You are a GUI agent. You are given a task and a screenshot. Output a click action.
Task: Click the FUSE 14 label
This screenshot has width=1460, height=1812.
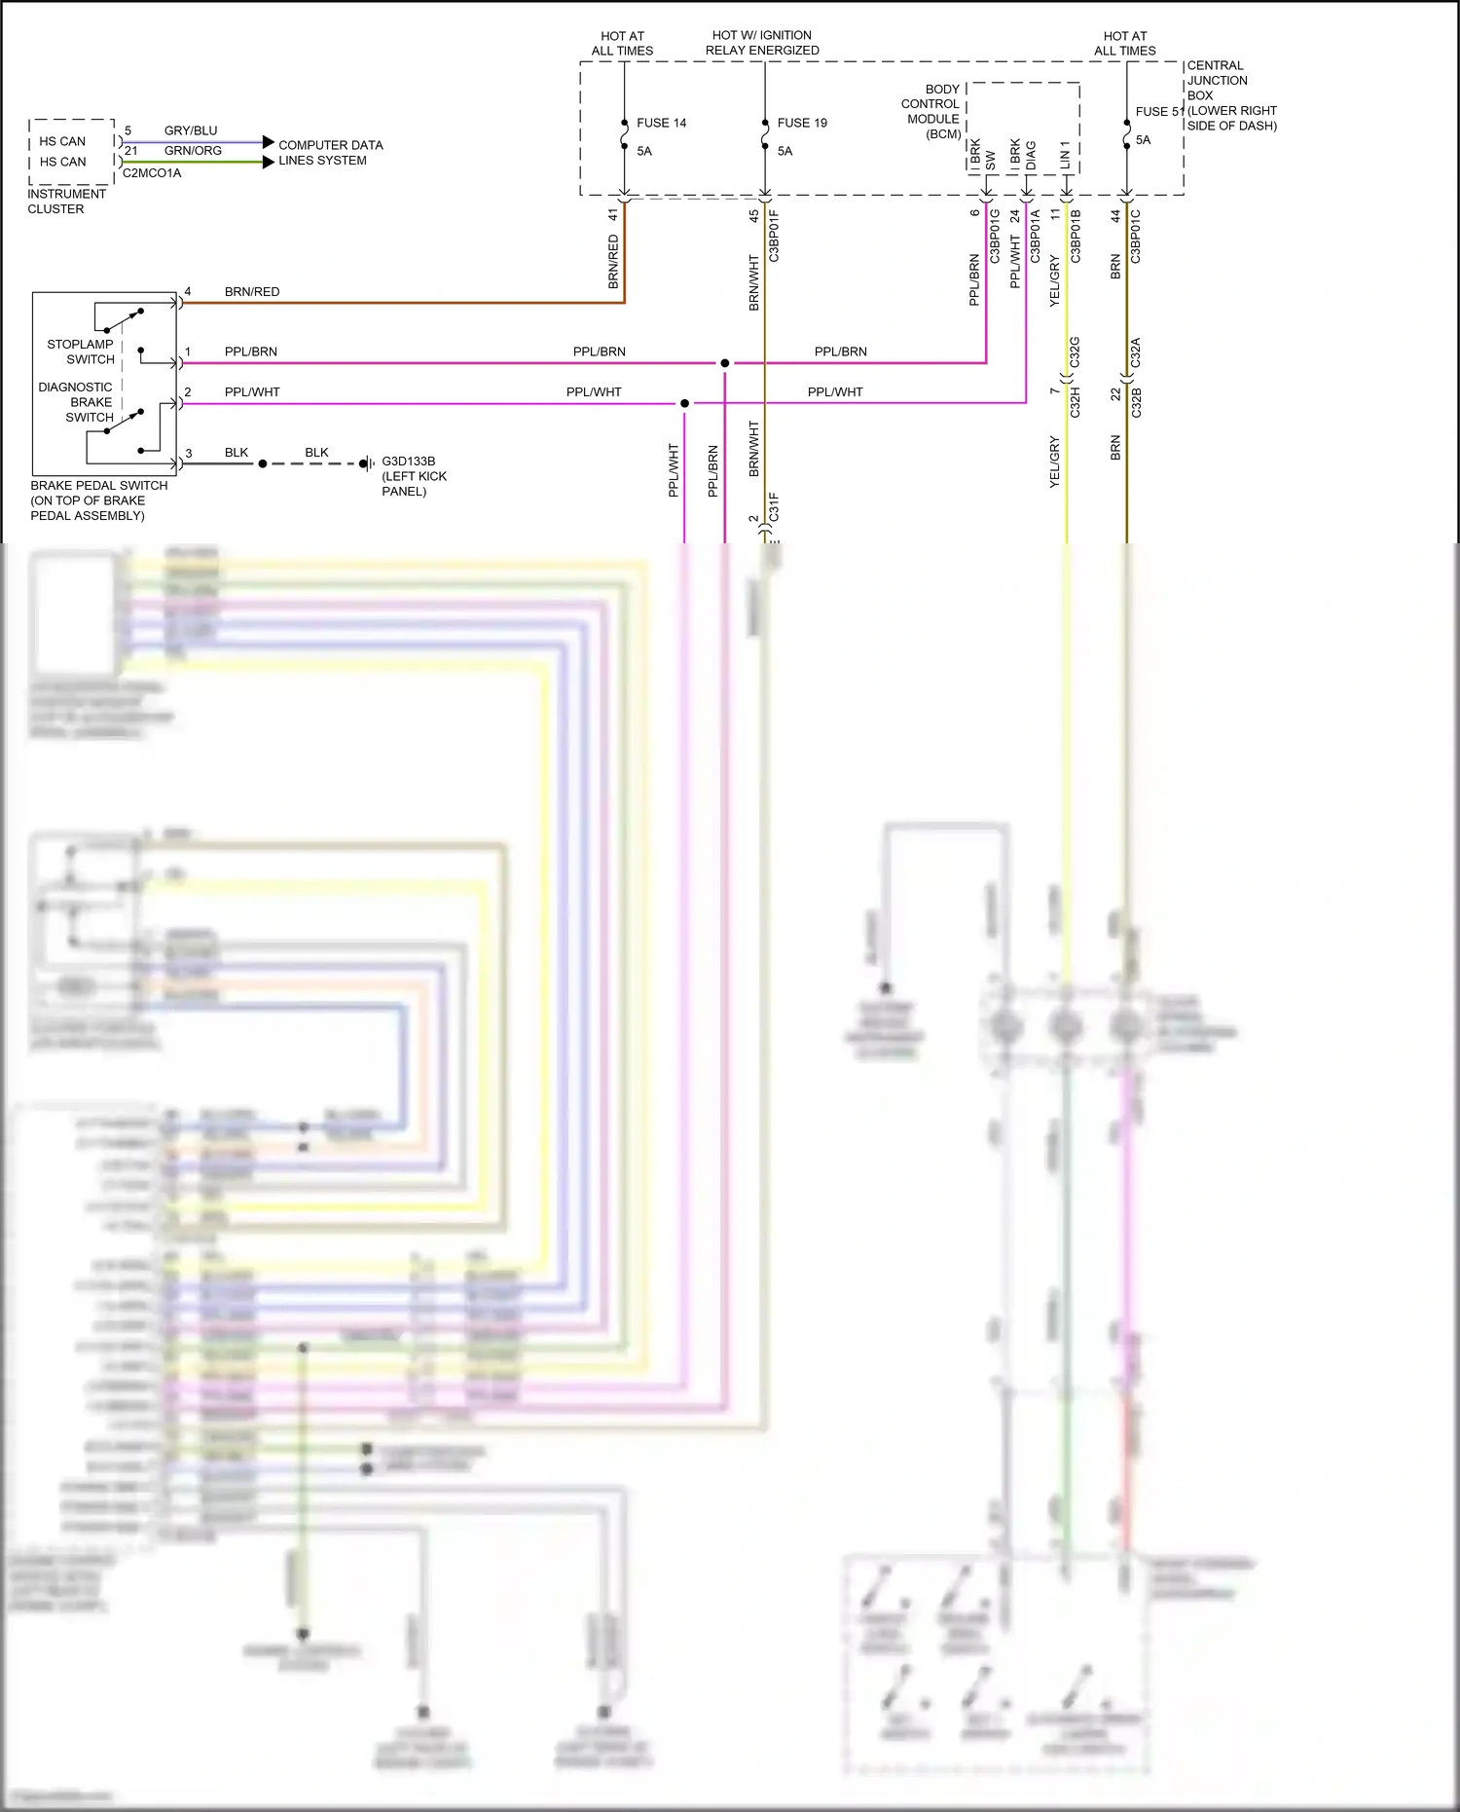[661, 123]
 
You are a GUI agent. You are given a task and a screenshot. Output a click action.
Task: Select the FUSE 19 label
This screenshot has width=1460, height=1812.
[802, 123]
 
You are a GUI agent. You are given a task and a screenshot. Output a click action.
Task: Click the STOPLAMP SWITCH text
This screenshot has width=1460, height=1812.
[81, 351]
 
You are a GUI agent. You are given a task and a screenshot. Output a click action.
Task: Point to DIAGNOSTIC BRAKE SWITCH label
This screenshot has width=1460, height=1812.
[76, 402]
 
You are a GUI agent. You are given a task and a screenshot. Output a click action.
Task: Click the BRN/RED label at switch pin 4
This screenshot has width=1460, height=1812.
[252, 292]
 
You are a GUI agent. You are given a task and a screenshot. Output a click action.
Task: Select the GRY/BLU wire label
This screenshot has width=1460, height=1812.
[191, 130]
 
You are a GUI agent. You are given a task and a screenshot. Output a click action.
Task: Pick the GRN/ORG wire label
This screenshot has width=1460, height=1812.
[193, 151]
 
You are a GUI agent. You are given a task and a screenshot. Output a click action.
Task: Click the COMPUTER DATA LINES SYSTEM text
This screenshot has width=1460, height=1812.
[330, 153]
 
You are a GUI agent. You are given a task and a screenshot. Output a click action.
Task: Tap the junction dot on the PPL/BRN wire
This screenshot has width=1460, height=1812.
[725, 363]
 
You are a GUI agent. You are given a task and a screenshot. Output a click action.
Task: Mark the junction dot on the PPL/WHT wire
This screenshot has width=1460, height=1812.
[685, 403]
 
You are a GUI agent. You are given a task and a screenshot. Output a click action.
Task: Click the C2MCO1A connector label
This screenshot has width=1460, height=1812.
[152, 173]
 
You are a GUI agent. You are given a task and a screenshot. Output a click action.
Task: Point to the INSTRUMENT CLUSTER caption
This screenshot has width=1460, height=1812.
[66, 202]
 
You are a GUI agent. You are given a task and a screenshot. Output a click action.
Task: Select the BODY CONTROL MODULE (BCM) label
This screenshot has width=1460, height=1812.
[931, 111]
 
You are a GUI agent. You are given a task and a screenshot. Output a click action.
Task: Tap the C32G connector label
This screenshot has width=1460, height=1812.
[1075, 352]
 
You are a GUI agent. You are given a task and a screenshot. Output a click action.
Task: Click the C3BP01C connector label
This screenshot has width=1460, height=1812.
[1135, 237]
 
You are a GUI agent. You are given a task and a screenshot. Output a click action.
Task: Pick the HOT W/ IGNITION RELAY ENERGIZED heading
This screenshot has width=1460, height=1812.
[762, 43]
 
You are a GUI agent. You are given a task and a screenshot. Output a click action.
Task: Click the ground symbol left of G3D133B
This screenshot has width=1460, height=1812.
[367, 463]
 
